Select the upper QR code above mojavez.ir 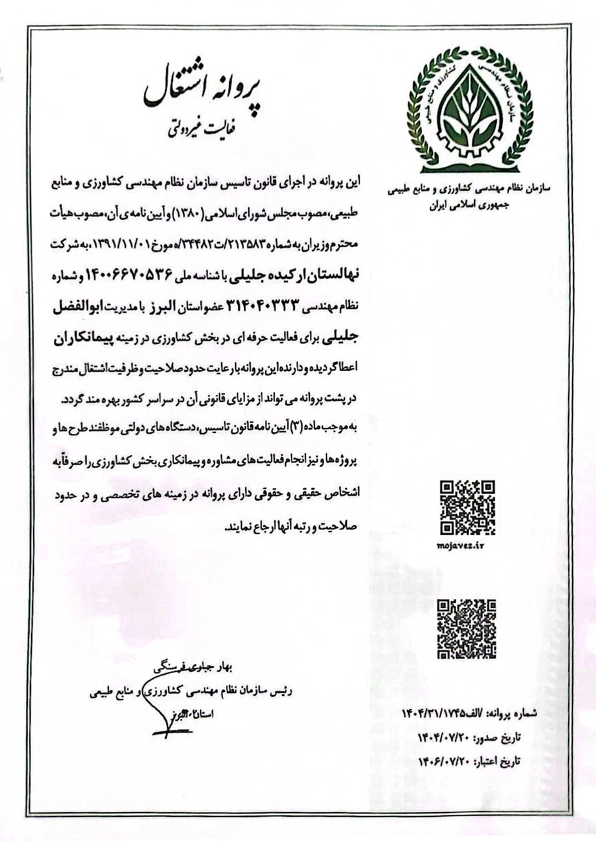click(x=468, y=507)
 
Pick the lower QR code click(x=468, y=629)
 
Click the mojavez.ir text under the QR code click(x=467, y=545)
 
